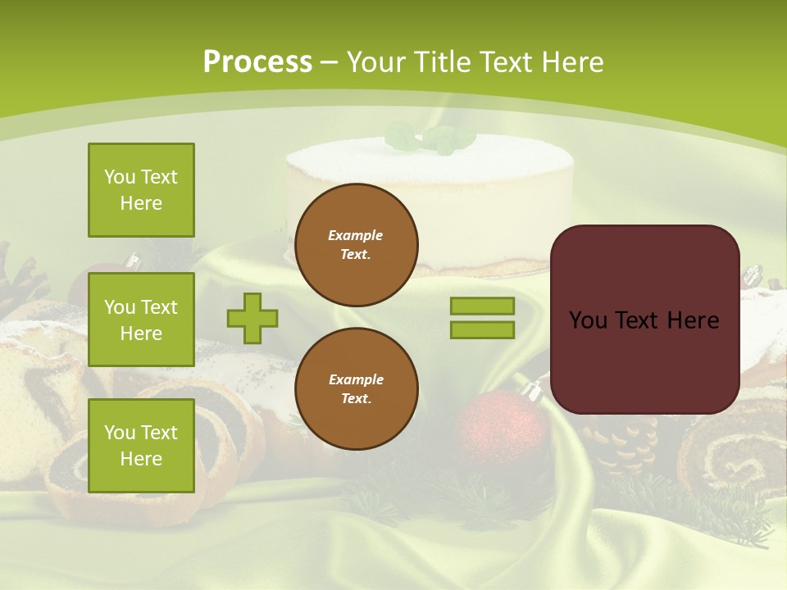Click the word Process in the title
coord(257,61)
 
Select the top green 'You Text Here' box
coord(141,190)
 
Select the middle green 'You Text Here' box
coord(141,320)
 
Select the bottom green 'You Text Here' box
coord(141,446)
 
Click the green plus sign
coord(252,318)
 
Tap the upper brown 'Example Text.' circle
coord(356,245)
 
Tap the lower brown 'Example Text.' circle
coord(356,388)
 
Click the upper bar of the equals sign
coord(482,306)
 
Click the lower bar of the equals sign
coord(482,329)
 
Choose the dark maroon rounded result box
coord(644,320)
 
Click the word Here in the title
coord(573,61)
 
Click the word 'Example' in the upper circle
coord(356,235)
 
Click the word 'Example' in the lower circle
coord(356,379)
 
